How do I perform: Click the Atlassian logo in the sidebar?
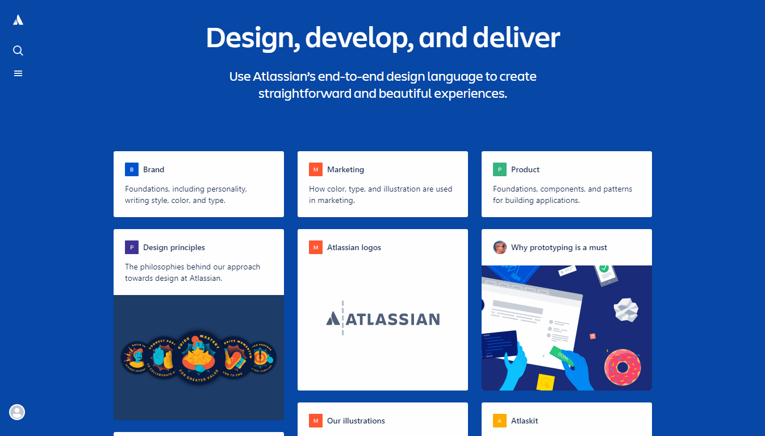(x=18, y=20)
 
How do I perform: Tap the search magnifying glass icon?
(x=18, y=51)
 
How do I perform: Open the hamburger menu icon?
(x=18, y=73)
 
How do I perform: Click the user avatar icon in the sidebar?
(x=17, y=412)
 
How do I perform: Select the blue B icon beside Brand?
(x=132, y=169)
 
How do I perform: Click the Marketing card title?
(x=345, y=169)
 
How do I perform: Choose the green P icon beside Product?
(x=500, y=169)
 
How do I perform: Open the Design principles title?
(x=174, y=247)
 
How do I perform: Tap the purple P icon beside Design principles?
(x=132, y=247)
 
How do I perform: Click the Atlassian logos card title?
(x=354, y=247)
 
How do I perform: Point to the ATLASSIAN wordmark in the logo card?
(x=383, y=319)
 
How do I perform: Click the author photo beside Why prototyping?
(x=500, y=247)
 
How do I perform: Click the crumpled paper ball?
(x=626, y=309)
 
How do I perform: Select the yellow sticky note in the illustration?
(x=546, y=382)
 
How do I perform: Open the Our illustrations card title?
(x=356, y=421)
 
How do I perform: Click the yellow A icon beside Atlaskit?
(x=500, y=421)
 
